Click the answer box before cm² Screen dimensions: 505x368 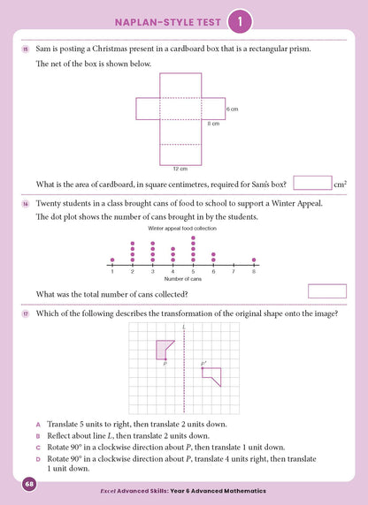click(x=311, y=183)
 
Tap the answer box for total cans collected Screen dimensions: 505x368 click(x=326, y=290)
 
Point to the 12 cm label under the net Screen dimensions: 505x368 click(x=180, y=168)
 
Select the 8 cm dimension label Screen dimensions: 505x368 click(x=213, y=124)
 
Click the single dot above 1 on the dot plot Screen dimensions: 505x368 click(x=111, y=260)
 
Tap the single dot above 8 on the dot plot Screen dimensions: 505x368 click(x=254, y=260)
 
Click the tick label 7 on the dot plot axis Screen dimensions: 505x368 click(x=234, y=270)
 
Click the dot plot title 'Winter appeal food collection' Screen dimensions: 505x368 click(x=182, y=229)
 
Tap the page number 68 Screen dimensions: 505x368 click(x=29, y=485)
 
